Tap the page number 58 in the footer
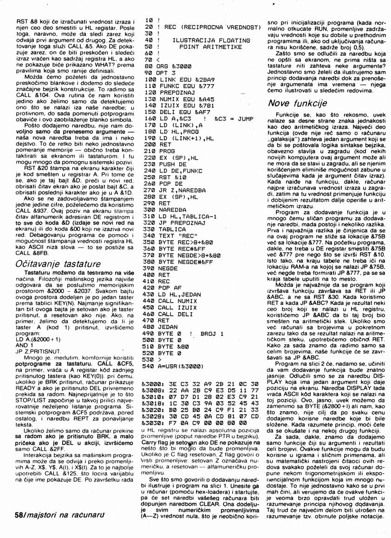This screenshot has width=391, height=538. (x=15, y=516)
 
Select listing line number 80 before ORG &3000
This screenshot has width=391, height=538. (x=149, y=66)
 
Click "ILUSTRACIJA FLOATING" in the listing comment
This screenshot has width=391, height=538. (x=208, y=40)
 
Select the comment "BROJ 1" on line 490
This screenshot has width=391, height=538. (x=213, y=333)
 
